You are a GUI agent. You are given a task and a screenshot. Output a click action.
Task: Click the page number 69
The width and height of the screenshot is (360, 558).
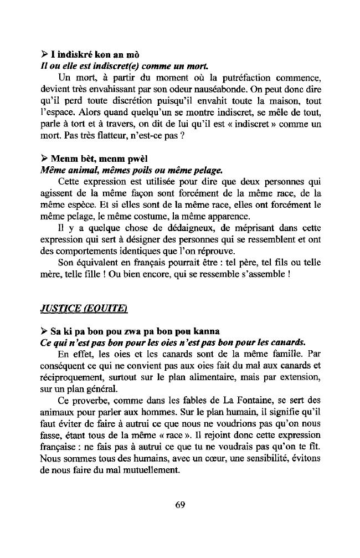point(179,504)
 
